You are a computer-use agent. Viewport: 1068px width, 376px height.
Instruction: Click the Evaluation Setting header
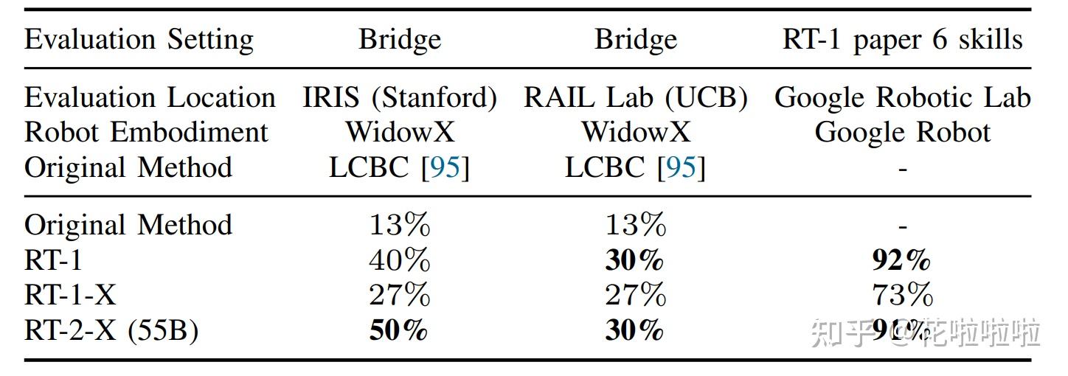[139, 40]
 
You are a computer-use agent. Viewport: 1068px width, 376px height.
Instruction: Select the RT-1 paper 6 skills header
[902, 40]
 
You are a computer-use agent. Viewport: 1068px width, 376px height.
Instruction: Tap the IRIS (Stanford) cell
[400, 98]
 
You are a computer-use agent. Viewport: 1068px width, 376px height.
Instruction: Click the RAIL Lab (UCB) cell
[635, 98]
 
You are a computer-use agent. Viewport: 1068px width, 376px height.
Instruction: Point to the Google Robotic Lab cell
[902, 98]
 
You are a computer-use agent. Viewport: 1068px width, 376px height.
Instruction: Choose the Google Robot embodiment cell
[902, 133]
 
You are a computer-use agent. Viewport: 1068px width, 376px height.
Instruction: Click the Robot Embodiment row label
[146, 133]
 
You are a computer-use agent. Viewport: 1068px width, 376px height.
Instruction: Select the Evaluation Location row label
[150, 98]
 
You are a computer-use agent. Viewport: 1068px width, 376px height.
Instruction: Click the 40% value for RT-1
[399, 260]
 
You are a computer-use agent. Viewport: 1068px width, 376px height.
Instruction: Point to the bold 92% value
[901, 260]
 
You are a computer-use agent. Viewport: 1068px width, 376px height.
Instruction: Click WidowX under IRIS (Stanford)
[400, 133]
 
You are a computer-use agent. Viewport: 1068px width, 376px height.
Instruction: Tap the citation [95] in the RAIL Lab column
[681, 168]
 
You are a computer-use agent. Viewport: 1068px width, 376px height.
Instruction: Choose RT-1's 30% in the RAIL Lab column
[634, 260]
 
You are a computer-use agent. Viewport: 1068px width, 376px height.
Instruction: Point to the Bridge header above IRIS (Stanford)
[400, 40]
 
